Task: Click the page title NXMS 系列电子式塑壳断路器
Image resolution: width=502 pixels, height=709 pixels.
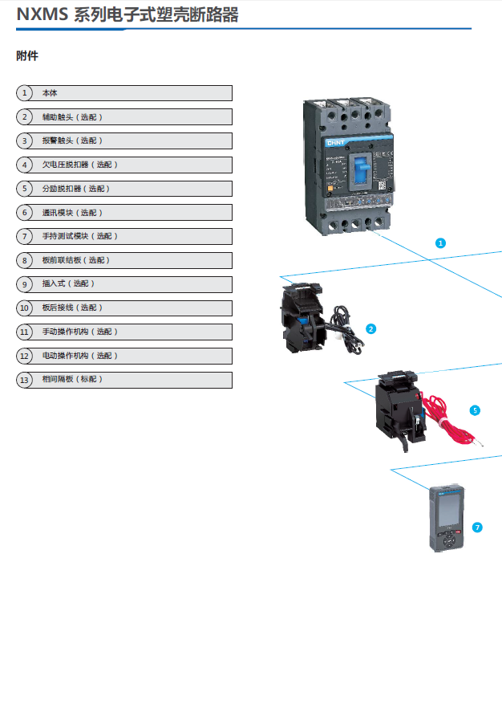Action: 128,15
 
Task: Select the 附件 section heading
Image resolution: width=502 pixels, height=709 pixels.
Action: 27,56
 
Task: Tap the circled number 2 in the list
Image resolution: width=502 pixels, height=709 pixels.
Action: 24,117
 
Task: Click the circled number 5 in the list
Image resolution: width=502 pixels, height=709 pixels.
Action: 24,189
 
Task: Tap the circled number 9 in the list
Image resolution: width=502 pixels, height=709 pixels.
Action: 24,284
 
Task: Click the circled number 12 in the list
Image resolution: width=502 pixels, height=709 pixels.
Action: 24,356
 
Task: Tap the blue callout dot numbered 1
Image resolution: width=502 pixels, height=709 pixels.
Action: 440,242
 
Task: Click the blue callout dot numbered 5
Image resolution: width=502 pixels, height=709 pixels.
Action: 475,410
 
